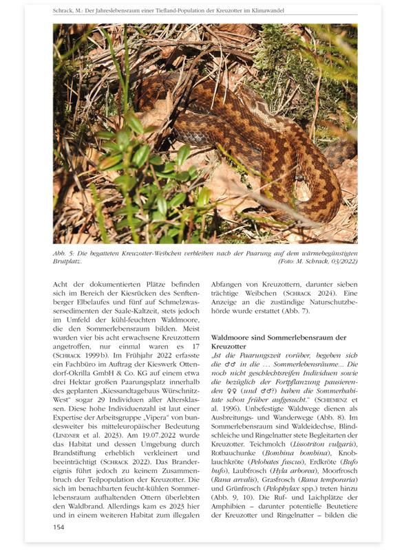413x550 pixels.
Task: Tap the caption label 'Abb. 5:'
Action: point(65,254)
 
